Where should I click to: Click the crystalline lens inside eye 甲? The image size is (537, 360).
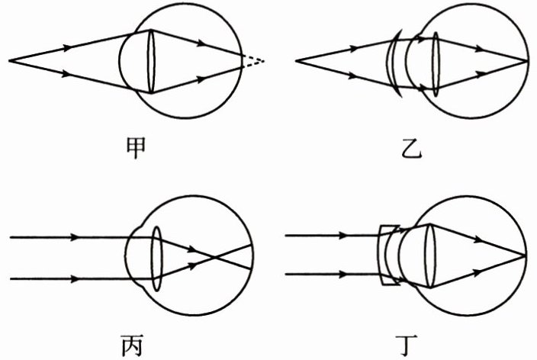[x=150, y=60]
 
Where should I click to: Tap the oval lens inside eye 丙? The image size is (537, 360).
[x=158, y=258]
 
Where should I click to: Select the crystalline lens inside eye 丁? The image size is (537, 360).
[x=429, y=256]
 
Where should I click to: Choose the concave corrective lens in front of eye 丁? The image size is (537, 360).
[x=388, y=256]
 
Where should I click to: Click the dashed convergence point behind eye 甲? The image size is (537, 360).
[x=264, y=59]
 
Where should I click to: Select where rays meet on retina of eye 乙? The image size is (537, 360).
[x=527, y=60]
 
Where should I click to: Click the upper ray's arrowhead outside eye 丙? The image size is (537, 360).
[x=74, y=237]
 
